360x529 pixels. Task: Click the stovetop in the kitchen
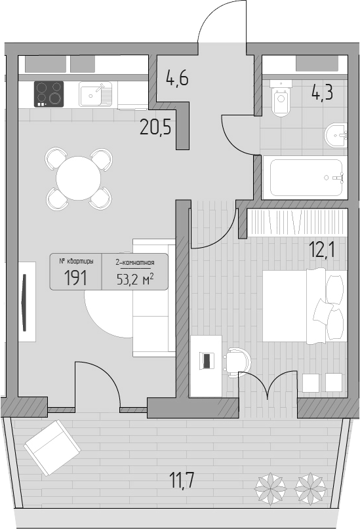(x=49, y=94)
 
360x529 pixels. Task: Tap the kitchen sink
(x=96, y=94)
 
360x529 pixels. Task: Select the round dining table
(x=78, y=178)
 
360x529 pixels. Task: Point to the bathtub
(x=305, y=178)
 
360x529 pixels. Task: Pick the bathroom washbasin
(x=336, y=135)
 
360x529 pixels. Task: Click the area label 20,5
(x=155, y=128)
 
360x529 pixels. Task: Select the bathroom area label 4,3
(x=322, y=92)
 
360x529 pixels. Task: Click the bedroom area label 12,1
(x=321, y=250)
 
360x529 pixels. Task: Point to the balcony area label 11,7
(x=182, y=480)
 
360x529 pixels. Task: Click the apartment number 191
(x=75, y=278)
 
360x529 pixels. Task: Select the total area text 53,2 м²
(x=135, y=279)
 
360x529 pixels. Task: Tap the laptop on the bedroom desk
(x=206, y=360)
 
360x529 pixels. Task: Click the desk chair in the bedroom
(x=237, y=362)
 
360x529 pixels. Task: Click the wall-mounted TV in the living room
(x=24, y=303)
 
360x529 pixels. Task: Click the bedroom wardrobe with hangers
(x=297, y=223)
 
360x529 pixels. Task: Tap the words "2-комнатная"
(x=135, y=262)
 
